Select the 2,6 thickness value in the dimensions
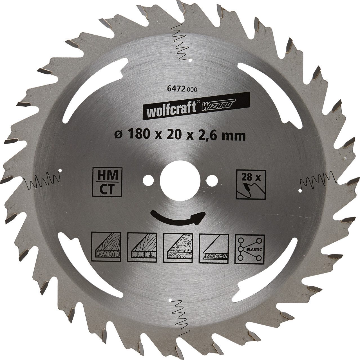coord(213,136)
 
